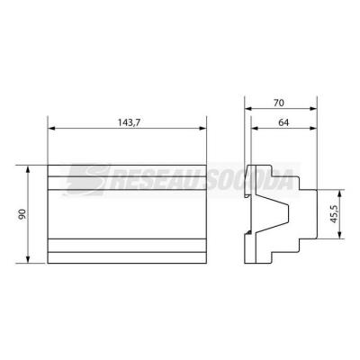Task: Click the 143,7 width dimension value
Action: (129, 122)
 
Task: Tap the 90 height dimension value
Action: (22, 214)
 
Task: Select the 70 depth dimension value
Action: (279, 103)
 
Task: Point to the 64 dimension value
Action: (283, 122)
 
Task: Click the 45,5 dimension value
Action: (334, 214)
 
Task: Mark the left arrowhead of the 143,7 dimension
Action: (51, 129)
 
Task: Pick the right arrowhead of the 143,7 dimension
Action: (202, 129)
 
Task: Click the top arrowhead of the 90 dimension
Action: (28, 169)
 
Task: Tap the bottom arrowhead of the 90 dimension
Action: (28, 259)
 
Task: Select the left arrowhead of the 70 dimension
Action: (248, 109)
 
